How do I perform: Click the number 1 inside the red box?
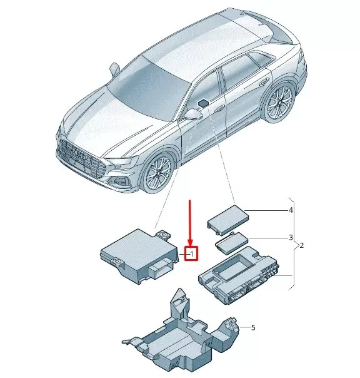tap(192, 254)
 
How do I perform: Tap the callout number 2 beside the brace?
tap(301, 245)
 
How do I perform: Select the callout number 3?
tap(291, 237)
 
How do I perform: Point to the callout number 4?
tap(291, 210)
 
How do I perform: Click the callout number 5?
tap(253, 327)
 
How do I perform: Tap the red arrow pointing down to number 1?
tap(190, 223)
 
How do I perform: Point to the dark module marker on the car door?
tap(203, 103)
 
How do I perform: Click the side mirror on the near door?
tap(193, 114)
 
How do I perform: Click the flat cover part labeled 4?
tap(227, 220)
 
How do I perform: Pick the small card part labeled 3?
tap(232, 243)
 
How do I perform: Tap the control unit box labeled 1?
tap(139, 256)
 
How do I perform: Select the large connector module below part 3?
tap(238, 275)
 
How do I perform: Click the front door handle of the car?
tap(220, 108)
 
